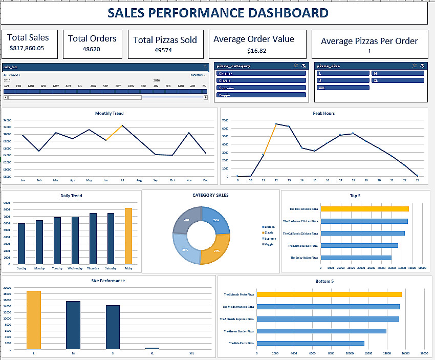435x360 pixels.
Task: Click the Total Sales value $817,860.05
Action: point(27,49)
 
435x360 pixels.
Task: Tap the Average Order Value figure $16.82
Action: point(256,51)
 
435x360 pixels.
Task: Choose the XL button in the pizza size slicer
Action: point(398,80)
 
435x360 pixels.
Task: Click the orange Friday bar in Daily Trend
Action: point(128,236)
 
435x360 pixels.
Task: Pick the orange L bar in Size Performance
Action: point(34,320)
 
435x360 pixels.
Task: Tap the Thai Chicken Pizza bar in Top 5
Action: point(364,209)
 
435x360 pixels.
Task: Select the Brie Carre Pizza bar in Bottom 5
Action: point(310,343)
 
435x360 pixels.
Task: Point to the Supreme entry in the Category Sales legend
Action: point(269,239)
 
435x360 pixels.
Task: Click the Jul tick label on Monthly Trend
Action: point(122,180)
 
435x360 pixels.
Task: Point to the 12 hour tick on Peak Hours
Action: point(276,180)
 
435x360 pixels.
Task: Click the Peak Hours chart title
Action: point(323,113)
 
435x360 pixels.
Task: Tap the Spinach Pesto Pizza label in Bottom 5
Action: point(239,294)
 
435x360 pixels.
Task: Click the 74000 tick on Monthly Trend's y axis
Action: point(7,120)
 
